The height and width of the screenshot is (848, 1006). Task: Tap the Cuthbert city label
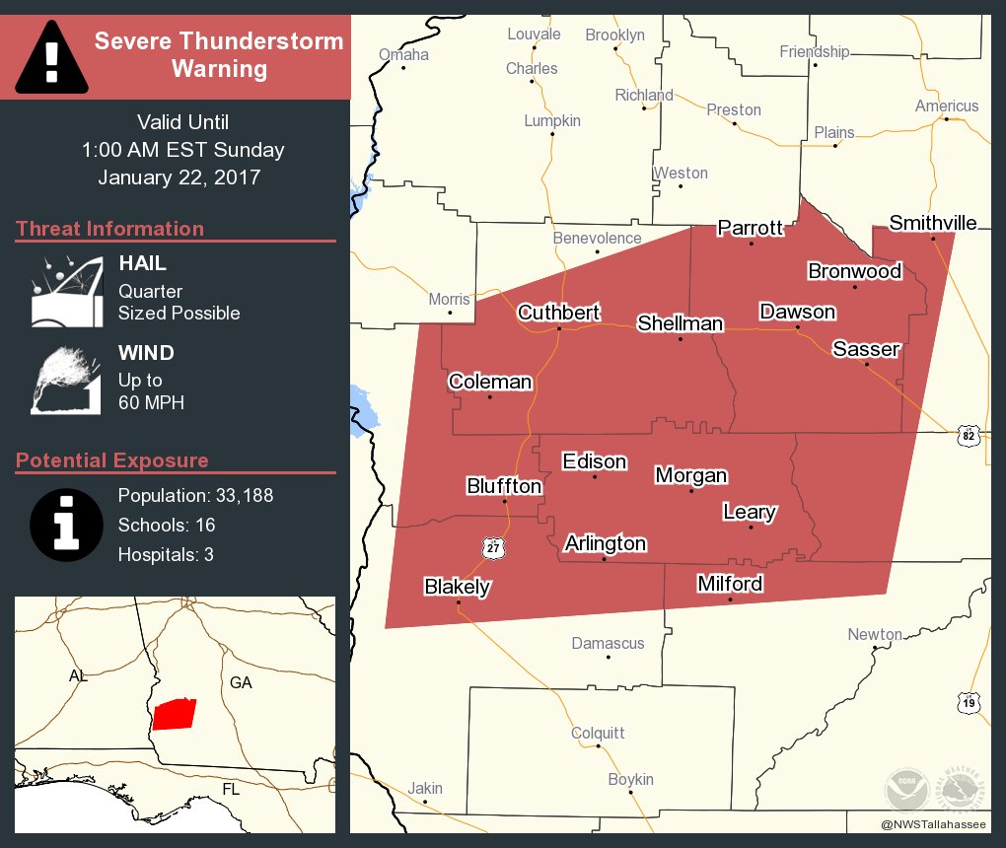pyautogui.click(x=558, y=313)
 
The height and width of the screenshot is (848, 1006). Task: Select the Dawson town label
pyautogui.click(x=797, y=312)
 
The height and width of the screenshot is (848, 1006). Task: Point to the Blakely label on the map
pyautogui.click(x=457, y=587)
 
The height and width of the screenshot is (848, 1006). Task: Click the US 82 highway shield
pyautogui.click(x=969, y=436)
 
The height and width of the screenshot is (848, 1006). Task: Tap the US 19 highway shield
pyautogui.click(x=969, y=702)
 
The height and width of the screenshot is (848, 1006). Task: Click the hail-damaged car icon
pyautogui.click(x=67, y=292)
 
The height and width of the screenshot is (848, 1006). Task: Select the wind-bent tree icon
pyautogui.click(x=67, y=380)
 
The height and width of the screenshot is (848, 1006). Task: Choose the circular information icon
pyautogui.click(x=66, y=525)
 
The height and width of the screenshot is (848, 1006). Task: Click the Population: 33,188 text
pyautogui.click(x=195, y=495)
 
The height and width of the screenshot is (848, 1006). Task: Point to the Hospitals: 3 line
pyautogui.click(x=166, y=554)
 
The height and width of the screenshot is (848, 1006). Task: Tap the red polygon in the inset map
pyautogui.click(x=175, y=713)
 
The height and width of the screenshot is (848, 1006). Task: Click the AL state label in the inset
pyautogui.click(x=78, y=676)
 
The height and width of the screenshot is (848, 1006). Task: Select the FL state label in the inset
pyautogui.click(x=230, y=790)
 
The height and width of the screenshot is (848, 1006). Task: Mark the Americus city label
pyautogui.click(x=947, y=106)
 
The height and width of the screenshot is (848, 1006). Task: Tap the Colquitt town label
pyautogui.click(x=598, y=733)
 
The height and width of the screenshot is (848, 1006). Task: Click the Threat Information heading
pyautogui.click(x=109, y=229)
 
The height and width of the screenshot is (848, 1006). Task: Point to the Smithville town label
pyautogui.click(x=932, y=223)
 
